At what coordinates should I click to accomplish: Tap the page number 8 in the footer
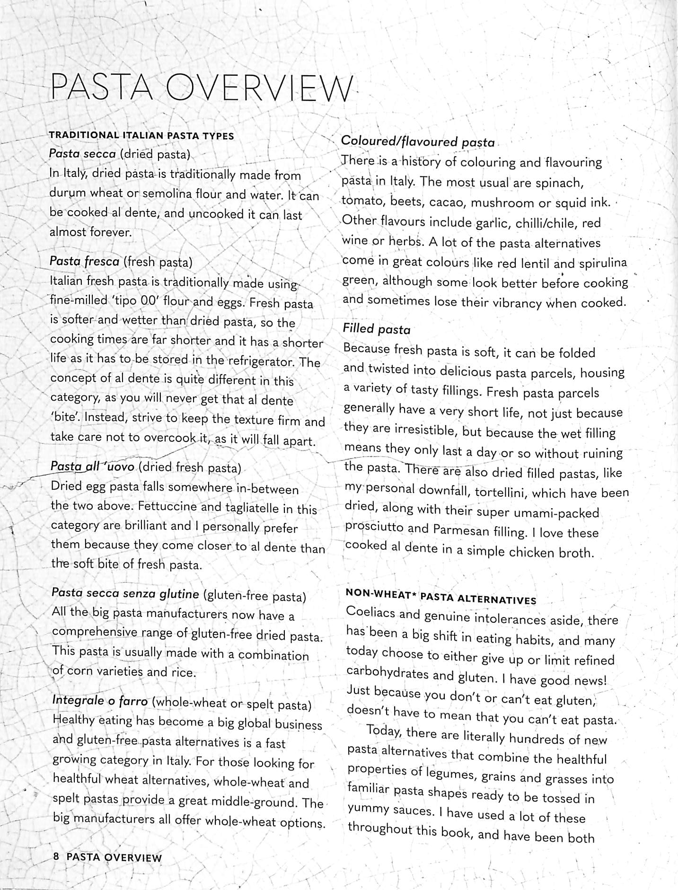56,856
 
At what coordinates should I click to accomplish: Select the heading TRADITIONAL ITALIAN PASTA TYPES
141,135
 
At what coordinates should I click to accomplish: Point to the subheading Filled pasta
376,329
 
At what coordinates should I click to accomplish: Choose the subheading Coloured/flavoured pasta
418,141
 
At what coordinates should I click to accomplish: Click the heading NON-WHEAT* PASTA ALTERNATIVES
441,596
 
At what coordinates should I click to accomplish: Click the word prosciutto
374,528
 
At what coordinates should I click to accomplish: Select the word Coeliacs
370,612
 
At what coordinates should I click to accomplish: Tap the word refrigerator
262,361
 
